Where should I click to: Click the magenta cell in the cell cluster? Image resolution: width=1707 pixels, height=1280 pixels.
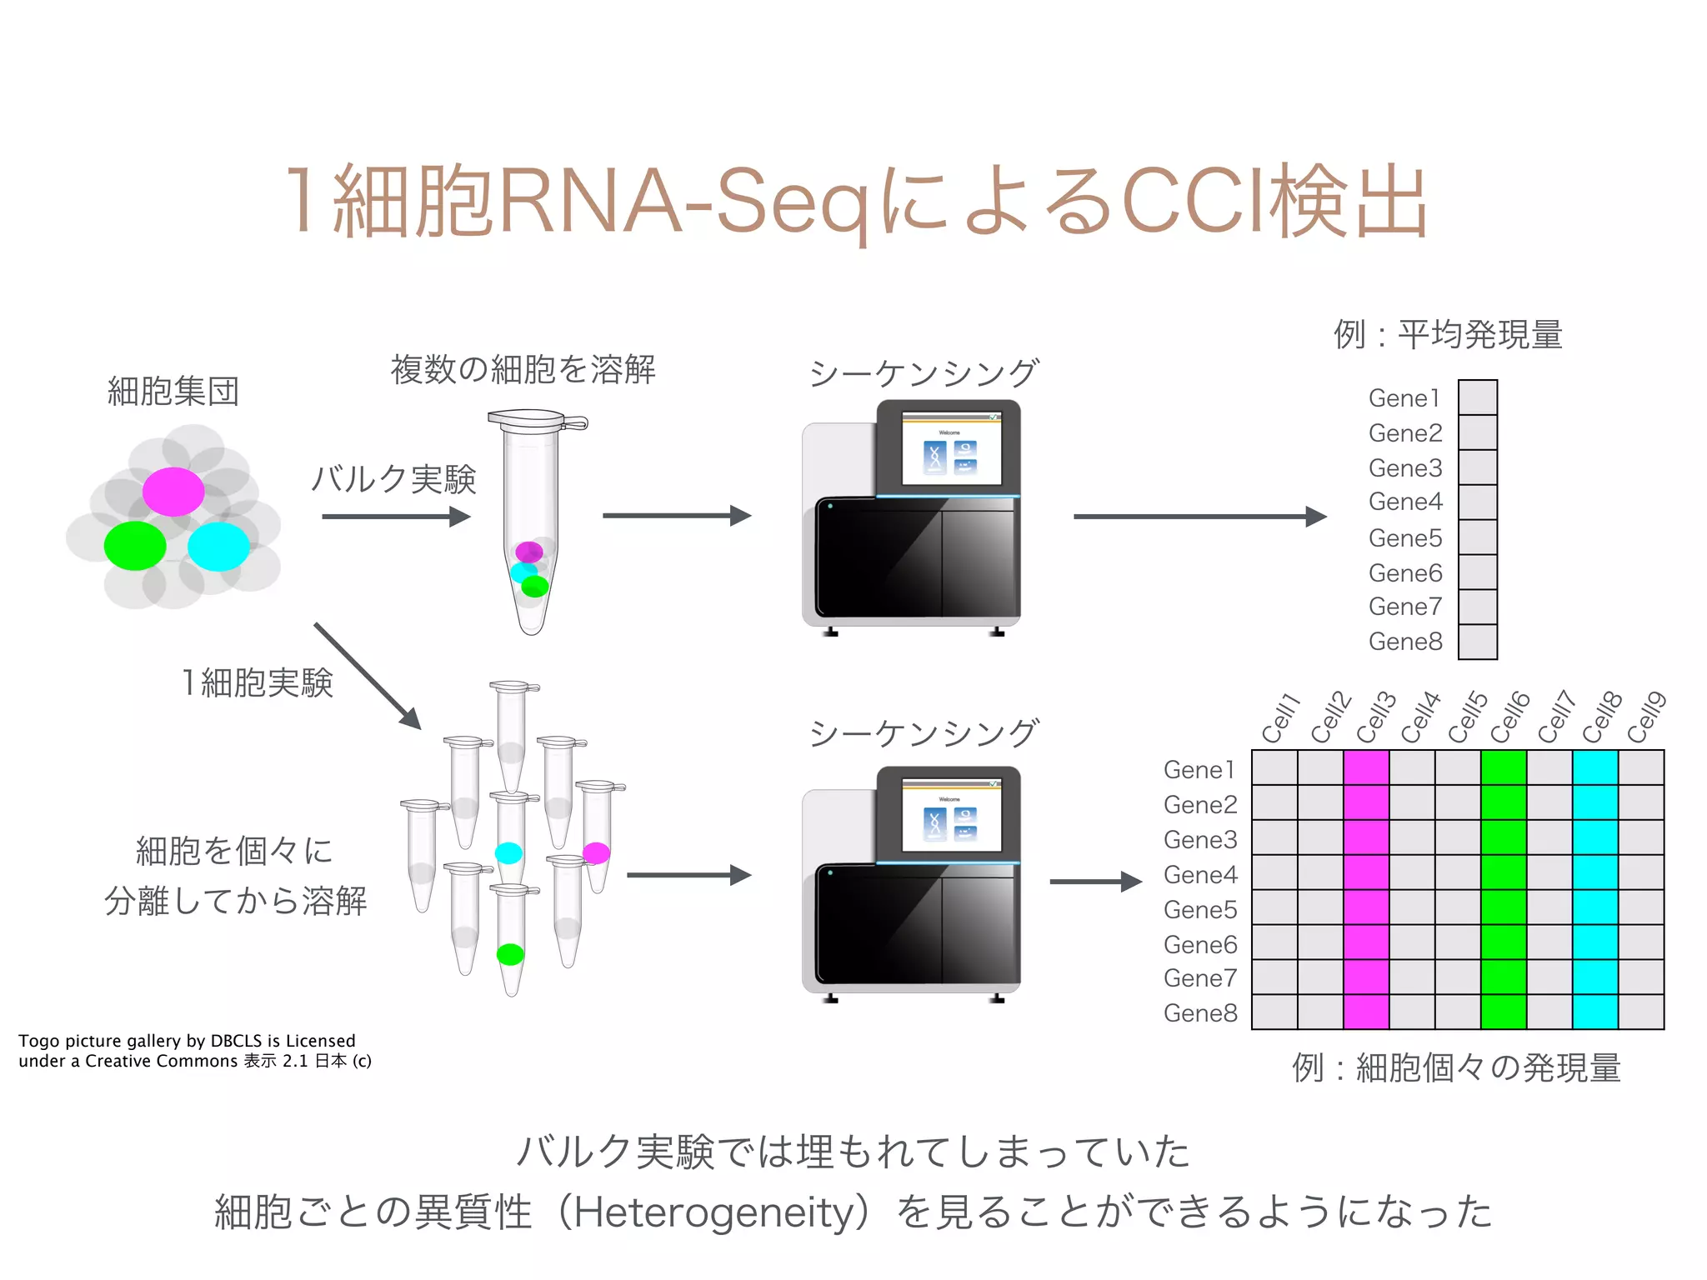click(x=173, y=492)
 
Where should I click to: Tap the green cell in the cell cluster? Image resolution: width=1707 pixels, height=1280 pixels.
click(x=135, y=546)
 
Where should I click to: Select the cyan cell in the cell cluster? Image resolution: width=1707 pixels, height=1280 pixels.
click(x=218, y=546)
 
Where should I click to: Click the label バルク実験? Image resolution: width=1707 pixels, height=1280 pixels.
click(x=393, y=479)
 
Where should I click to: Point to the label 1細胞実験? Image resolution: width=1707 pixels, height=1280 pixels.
click(x=258, y=682)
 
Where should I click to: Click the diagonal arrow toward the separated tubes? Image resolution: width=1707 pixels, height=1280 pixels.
click(x=367, y=676)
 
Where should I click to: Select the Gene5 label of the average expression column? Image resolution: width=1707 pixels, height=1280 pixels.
click(x=1405, y=538)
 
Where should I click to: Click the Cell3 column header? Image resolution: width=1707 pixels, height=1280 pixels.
click(x=1375, y=717)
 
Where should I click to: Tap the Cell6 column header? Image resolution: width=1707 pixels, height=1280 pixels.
click(x=1510, y=717)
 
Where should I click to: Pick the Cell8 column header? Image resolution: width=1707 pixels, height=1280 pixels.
click(x=1602, y=717)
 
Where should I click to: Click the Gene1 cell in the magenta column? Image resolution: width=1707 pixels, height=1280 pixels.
click(x=1366, y=767)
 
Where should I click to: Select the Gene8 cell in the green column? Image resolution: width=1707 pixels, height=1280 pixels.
click(x=1504, y=1012)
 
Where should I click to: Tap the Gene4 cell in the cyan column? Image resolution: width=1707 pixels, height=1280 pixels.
click(x=1595, y=872)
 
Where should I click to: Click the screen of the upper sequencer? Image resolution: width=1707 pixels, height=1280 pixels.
click(x=951, y=449)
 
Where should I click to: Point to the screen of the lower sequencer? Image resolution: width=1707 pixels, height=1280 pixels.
click(x=951, y=816)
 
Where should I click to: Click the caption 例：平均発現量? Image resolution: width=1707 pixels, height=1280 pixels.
click(x=1448, y=335)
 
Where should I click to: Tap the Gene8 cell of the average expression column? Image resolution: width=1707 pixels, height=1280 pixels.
click(x=1478, y=642)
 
